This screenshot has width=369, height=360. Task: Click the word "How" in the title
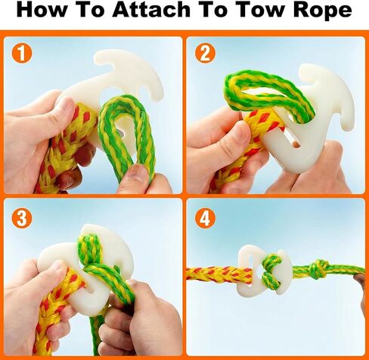pos(42,10)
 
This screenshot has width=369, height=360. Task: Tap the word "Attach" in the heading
pos(151,10)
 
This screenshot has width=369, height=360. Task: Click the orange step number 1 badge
pos(22,53)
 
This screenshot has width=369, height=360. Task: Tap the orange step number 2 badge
pos(205,53)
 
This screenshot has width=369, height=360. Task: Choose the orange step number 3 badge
pos(22,218)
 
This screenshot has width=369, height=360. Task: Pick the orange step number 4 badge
pos(205,218)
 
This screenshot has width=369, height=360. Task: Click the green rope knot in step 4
pos(319,269)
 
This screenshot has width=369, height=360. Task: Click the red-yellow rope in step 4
pos(219,275)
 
